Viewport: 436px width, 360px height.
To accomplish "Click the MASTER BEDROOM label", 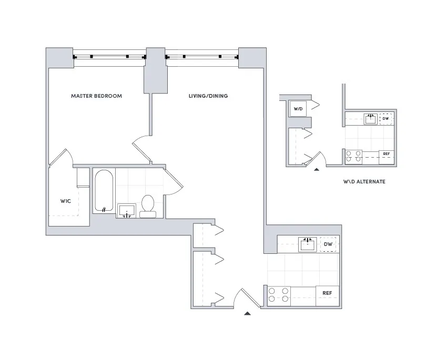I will [x=96, y=96].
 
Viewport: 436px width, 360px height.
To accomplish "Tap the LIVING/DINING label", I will [x=208, y=96].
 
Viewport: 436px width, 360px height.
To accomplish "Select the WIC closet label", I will [x=65, y=201].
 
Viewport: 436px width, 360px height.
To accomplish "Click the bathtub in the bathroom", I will [x=104, y=191].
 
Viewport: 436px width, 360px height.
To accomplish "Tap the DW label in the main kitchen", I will [x=328, y=244].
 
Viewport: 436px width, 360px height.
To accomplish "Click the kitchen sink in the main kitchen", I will [x=307, y=244].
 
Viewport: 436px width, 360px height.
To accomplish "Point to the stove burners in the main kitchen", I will [x=279, y=295].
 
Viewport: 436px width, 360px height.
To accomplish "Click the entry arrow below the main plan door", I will [x=247, y=314].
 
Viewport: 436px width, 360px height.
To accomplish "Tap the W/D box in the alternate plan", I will [x=298, y=109].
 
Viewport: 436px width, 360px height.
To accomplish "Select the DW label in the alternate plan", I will [x=386, y=118].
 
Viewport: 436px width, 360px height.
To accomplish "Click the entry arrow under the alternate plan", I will [x=316, y=169].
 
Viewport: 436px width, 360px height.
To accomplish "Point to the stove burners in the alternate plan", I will [x=353, y=155].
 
